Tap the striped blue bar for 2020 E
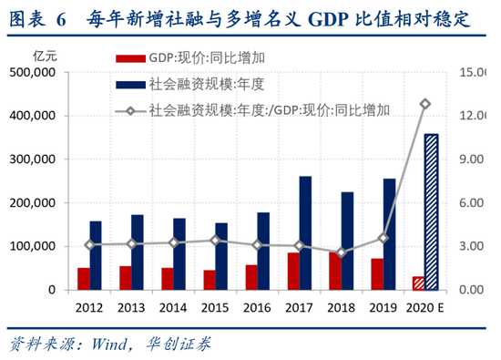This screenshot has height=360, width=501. click(431, 211)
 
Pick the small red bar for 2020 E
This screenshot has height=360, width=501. click(418, 283)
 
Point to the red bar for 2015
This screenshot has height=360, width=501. click(210, 280)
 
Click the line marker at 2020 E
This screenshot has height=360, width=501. click(424, 104)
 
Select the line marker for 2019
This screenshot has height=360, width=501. click(383, 238)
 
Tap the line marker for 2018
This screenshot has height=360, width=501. click(342, 253)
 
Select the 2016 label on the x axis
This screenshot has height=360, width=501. click(258, 307)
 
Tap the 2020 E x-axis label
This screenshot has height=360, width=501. click(425, 307)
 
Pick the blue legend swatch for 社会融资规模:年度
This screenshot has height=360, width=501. click(130, 85)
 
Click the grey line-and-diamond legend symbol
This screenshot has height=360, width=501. click(130, 110)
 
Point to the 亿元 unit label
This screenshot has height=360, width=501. click(45, 57)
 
